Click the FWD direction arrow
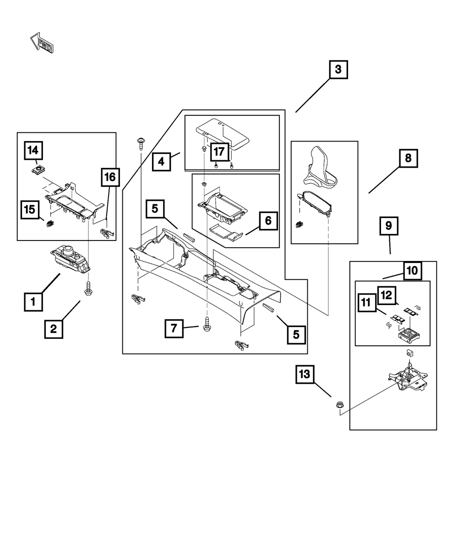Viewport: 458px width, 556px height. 42,43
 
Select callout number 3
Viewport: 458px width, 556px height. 338,70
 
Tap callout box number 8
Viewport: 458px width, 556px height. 408,158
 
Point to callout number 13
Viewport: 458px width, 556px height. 305,374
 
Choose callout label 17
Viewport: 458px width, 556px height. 220,152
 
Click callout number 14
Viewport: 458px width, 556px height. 33,151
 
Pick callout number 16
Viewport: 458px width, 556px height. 110,177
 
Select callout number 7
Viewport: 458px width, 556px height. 174,328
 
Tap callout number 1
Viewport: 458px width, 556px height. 33,302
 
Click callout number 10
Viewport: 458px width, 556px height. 413,271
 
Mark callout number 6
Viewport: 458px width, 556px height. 268,221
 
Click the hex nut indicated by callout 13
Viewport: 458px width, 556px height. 340,405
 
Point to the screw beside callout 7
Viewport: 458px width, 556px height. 207,324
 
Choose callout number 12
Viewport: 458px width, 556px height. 387,295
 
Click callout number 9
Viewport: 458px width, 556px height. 389,226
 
